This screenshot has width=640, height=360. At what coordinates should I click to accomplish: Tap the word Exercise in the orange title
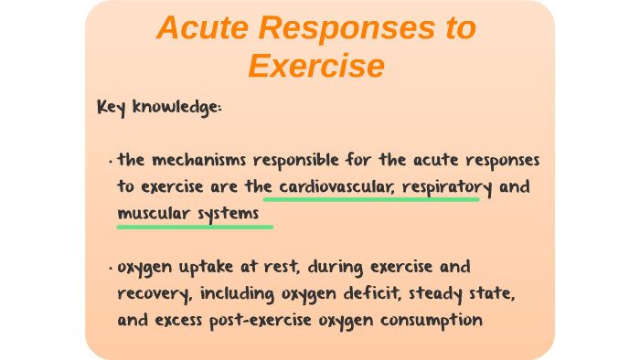pyautogui.click(x=315, y=66)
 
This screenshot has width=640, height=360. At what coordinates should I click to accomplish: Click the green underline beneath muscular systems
pyautogui.click(x=195, y=226)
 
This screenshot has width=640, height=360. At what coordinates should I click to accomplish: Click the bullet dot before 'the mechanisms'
pyautogui.click(x=110, y=162)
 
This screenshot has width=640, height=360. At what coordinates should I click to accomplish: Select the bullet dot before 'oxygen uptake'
pyautogui.click(x=110, y=269)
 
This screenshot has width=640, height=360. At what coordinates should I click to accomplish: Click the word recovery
pyautogui.click(x=149, y=294)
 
